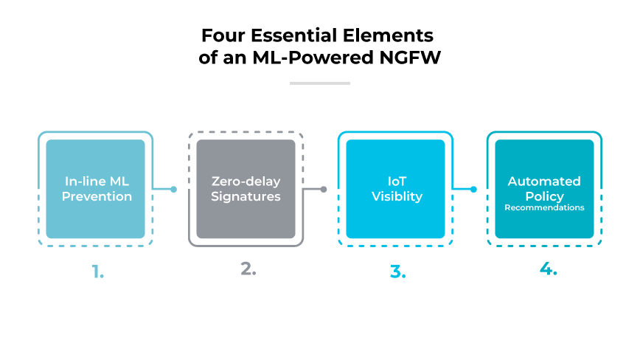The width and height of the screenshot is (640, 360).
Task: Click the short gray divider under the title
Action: [x=319, y=83]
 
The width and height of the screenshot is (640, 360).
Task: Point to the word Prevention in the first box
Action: [x=97, y=196]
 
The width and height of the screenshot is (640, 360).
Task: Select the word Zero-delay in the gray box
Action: [x=246, y=181]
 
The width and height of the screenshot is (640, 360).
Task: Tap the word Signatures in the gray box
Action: [x=246, y=196]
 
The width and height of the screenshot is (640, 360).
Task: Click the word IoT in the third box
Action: [x=397, y=181]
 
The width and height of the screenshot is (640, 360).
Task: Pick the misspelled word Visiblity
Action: [x=397, y=196]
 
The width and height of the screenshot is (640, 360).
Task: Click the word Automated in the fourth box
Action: [x=544, y=181]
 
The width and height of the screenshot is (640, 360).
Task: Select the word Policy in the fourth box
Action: [x=544, y=195]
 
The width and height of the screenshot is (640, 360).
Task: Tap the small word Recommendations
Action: [x=544, y=208]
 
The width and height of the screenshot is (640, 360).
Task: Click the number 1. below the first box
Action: [x=98, y=271]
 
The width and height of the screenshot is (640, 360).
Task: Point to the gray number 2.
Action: [x=248, y=269]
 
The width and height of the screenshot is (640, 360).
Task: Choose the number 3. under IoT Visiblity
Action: [x=397, y=271]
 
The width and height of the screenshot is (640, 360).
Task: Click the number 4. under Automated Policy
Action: [x=547, y=269]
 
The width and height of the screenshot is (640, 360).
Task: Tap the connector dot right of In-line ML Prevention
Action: [x=173, y=190]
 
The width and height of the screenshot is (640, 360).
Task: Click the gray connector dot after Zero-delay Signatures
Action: [x=324, y=190]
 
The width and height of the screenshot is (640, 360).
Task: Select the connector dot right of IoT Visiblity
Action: [x=473, y=190]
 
